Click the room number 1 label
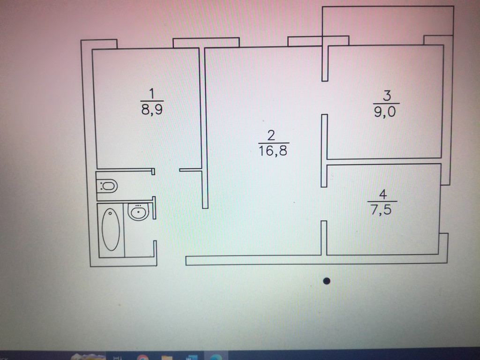(151, 93)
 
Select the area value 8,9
(152, 109)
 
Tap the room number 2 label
(271, 135)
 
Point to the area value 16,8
(273, 150)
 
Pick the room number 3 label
(387, 96)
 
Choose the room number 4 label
(382, 195)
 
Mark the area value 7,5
(381, 210)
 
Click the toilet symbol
(107, 186)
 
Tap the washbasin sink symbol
(138, 211)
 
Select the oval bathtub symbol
(111, 230)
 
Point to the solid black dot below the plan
(327, 281)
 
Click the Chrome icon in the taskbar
(142, 357)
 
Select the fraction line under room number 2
(274, 143)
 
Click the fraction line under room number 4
(382, 202)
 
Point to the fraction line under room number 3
(386, 104)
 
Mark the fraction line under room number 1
(152, 101)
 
